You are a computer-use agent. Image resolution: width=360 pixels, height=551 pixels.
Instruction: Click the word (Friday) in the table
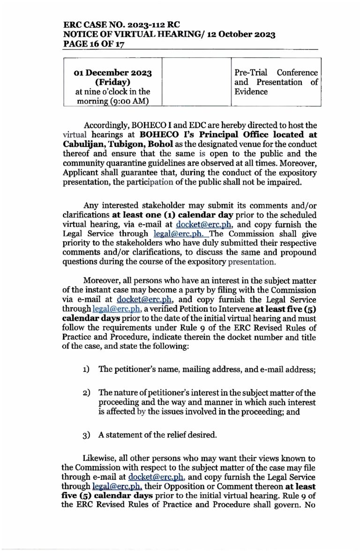coord(115,82)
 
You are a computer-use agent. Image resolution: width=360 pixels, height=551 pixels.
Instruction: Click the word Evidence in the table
coord(251,91)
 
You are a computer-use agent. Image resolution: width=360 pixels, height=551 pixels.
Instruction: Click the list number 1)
coord(87,369)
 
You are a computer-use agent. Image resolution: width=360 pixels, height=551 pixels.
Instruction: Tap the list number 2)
coord(87,392)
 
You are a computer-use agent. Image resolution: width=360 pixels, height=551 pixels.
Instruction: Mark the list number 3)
coord(87,435)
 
